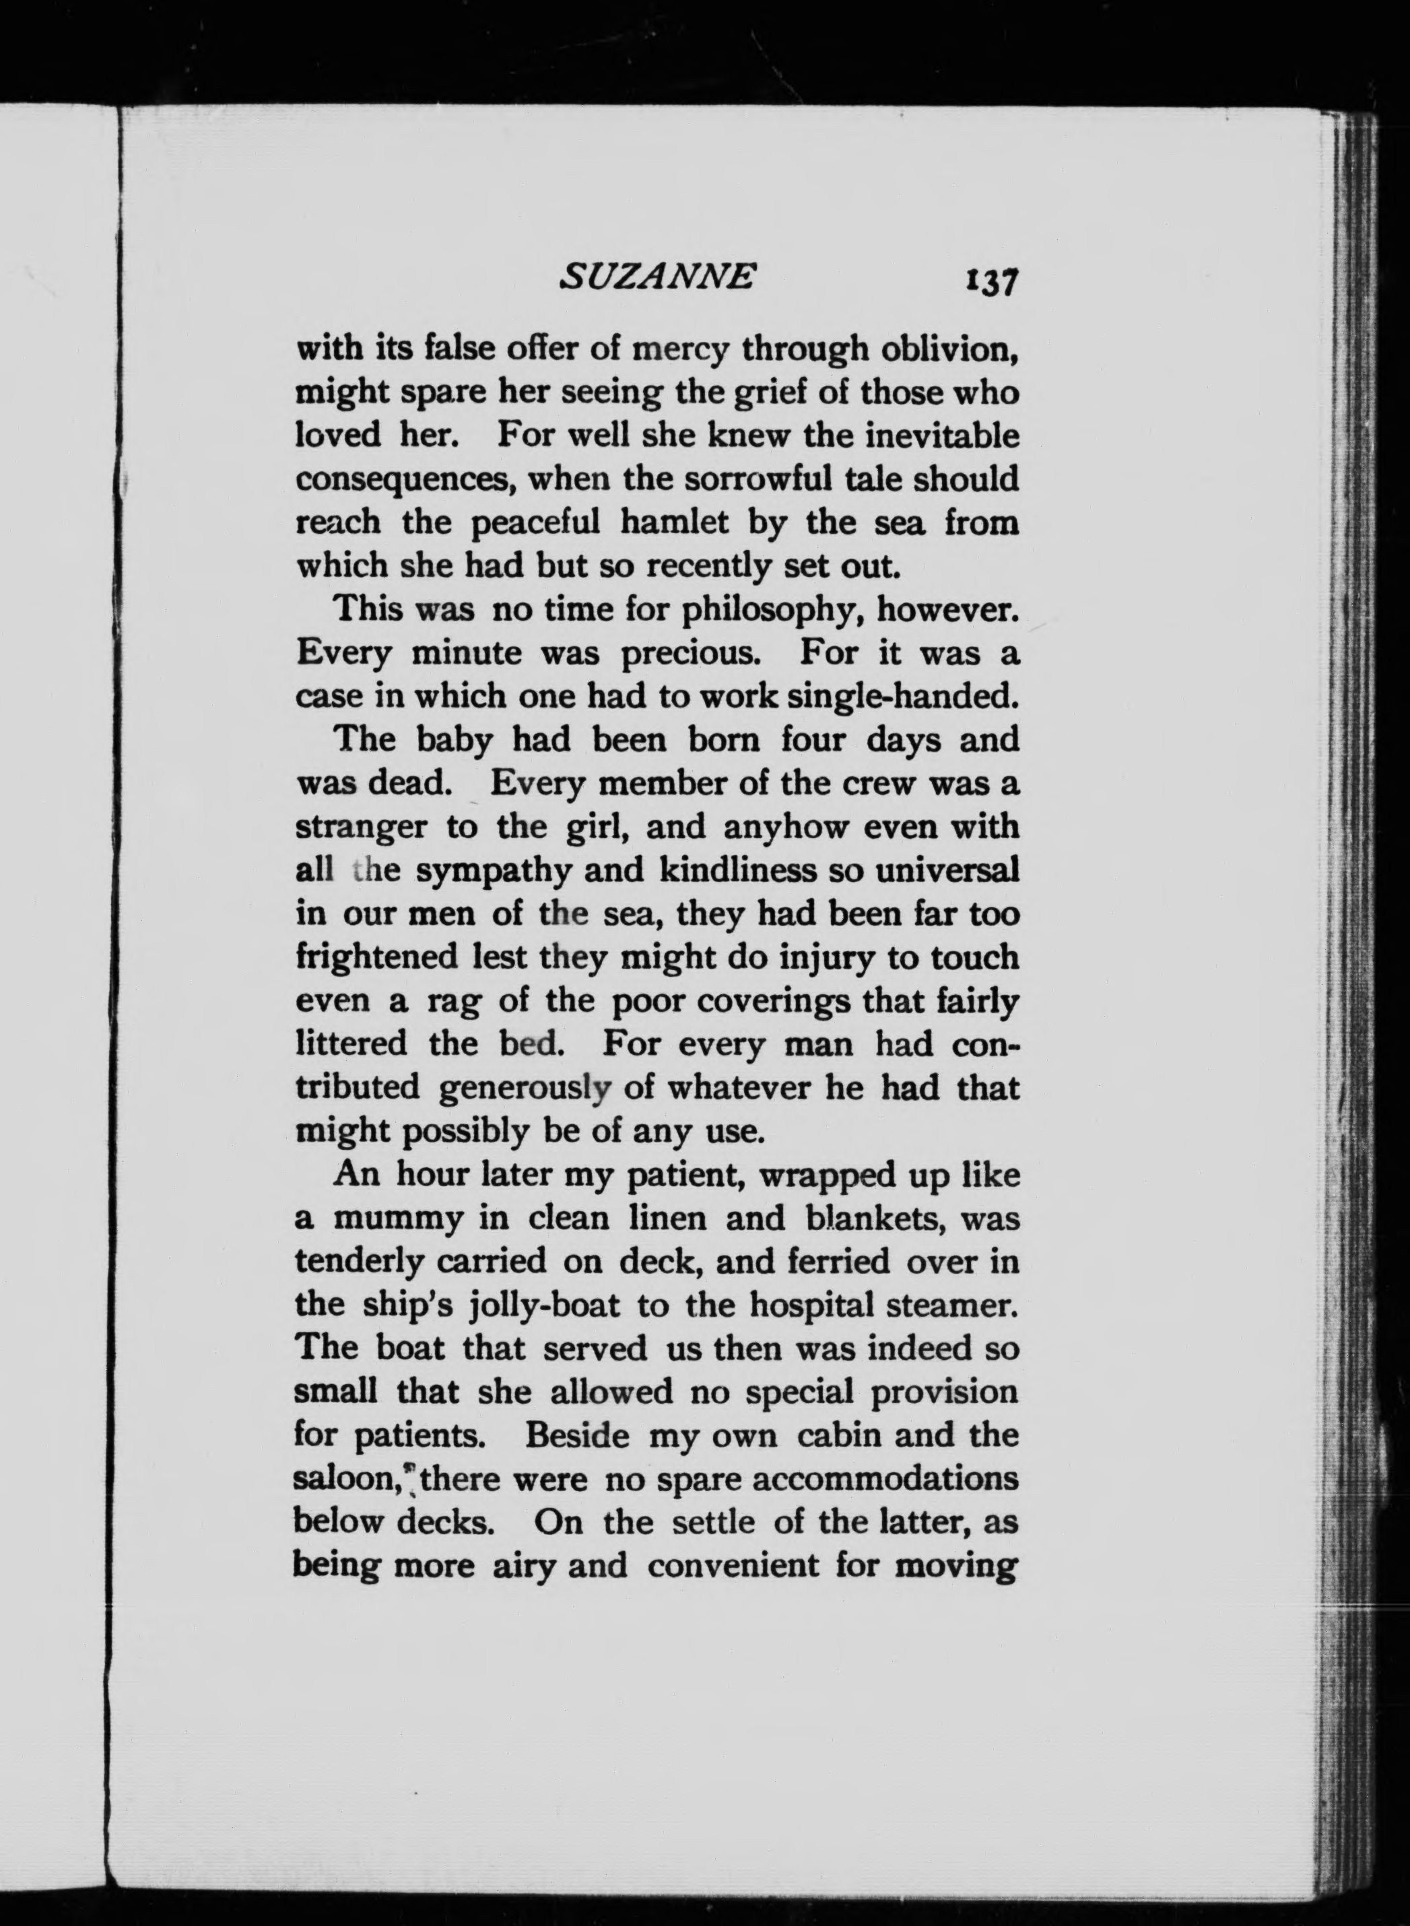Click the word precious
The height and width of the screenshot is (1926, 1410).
pyautogui.click(x=689, y=654)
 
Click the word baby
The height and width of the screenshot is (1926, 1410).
pyautogui.click(x=456, y=741)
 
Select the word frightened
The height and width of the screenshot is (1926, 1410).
pyautogui.click(x=376, y=957)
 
